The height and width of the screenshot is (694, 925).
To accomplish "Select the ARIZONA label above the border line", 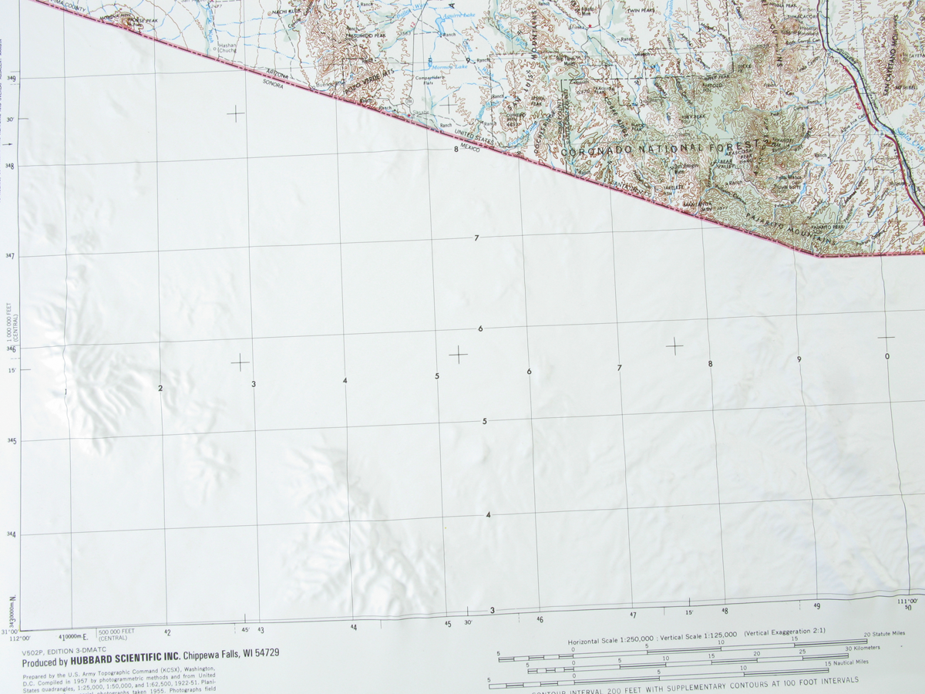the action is (x=277, y=74).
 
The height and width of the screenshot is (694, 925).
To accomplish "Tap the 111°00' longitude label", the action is (x=908, y=601).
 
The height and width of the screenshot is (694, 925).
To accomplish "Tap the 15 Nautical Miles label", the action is (x=846, y=662).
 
